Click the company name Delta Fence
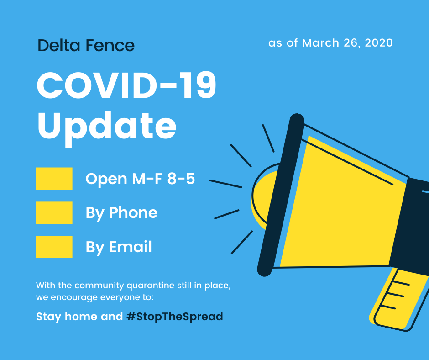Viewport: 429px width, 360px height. [86, 46]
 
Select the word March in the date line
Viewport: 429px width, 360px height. [321, 43]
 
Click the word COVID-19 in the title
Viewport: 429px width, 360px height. [126, 85]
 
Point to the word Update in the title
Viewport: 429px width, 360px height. [107, 127]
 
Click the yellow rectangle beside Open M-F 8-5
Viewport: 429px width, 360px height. [54, 178]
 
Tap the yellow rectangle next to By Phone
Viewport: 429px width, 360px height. [54, 212]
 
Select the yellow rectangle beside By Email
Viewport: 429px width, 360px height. [54, 247]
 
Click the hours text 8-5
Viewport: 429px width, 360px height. [181, 179]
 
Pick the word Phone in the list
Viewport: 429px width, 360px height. [133, 212]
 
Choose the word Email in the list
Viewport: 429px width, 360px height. [130, 247]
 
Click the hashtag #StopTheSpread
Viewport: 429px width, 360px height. [174, 317]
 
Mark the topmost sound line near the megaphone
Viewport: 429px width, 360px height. [268, 138]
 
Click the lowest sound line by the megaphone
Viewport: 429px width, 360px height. [242, 242]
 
